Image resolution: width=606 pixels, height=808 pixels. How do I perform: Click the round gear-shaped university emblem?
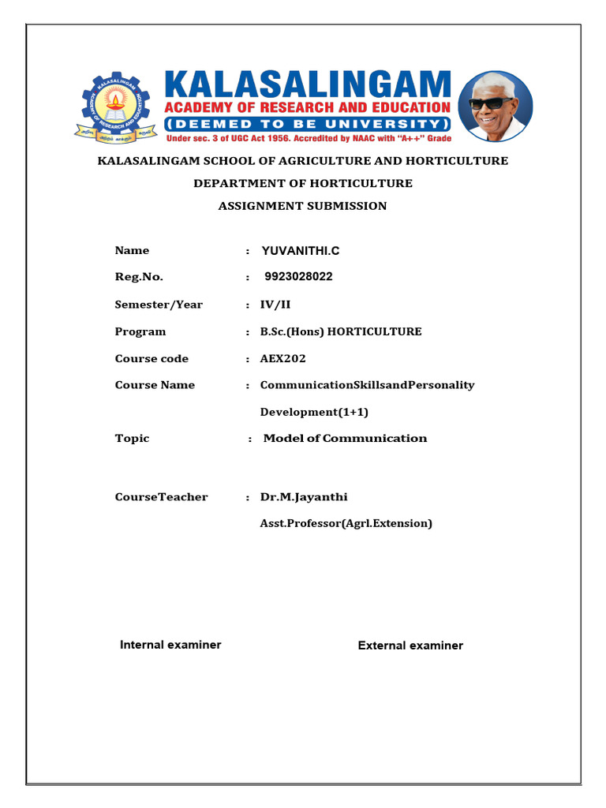[x=116, y=107]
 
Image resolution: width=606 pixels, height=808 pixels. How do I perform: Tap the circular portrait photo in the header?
[x=495, y=106]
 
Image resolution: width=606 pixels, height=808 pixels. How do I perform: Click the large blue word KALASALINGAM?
[x=307, y=84]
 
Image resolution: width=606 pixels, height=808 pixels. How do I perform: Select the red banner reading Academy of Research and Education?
[x=307, y=107]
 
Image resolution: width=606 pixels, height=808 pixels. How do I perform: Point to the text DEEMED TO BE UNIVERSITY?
[x=307, y=124]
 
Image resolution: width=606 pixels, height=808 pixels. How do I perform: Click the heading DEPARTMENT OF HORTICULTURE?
[x=303, y=183]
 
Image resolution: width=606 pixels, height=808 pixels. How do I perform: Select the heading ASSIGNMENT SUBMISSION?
[x=303, y=206]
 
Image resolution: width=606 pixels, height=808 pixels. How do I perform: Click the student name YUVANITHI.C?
[x=301, y=251]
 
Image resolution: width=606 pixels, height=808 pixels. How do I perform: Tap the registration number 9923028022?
[x=299, y=277]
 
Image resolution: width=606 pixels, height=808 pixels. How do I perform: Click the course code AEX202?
[x=283, y=358]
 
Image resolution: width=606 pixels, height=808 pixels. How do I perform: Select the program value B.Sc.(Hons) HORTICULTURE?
[x=341, y=331]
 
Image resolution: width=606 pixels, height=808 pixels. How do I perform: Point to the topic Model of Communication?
[x=345, y=438]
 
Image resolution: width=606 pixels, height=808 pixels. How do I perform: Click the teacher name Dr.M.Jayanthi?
[x=304, y=497]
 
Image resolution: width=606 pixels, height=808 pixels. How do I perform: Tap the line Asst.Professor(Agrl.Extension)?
[x=346, y=523]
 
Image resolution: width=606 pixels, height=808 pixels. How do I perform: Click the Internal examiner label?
[x=170, y=645]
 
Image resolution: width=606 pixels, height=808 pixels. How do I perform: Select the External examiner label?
[x=410, y=645]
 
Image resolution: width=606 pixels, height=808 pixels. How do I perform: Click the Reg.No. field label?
[x=139, y=277]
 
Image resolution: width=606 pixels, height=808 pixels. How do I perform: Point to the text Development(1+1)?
[x=314, y=412]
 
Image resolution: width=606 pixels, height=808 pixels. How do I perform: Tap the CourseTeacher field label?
[x=161, y=497]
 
